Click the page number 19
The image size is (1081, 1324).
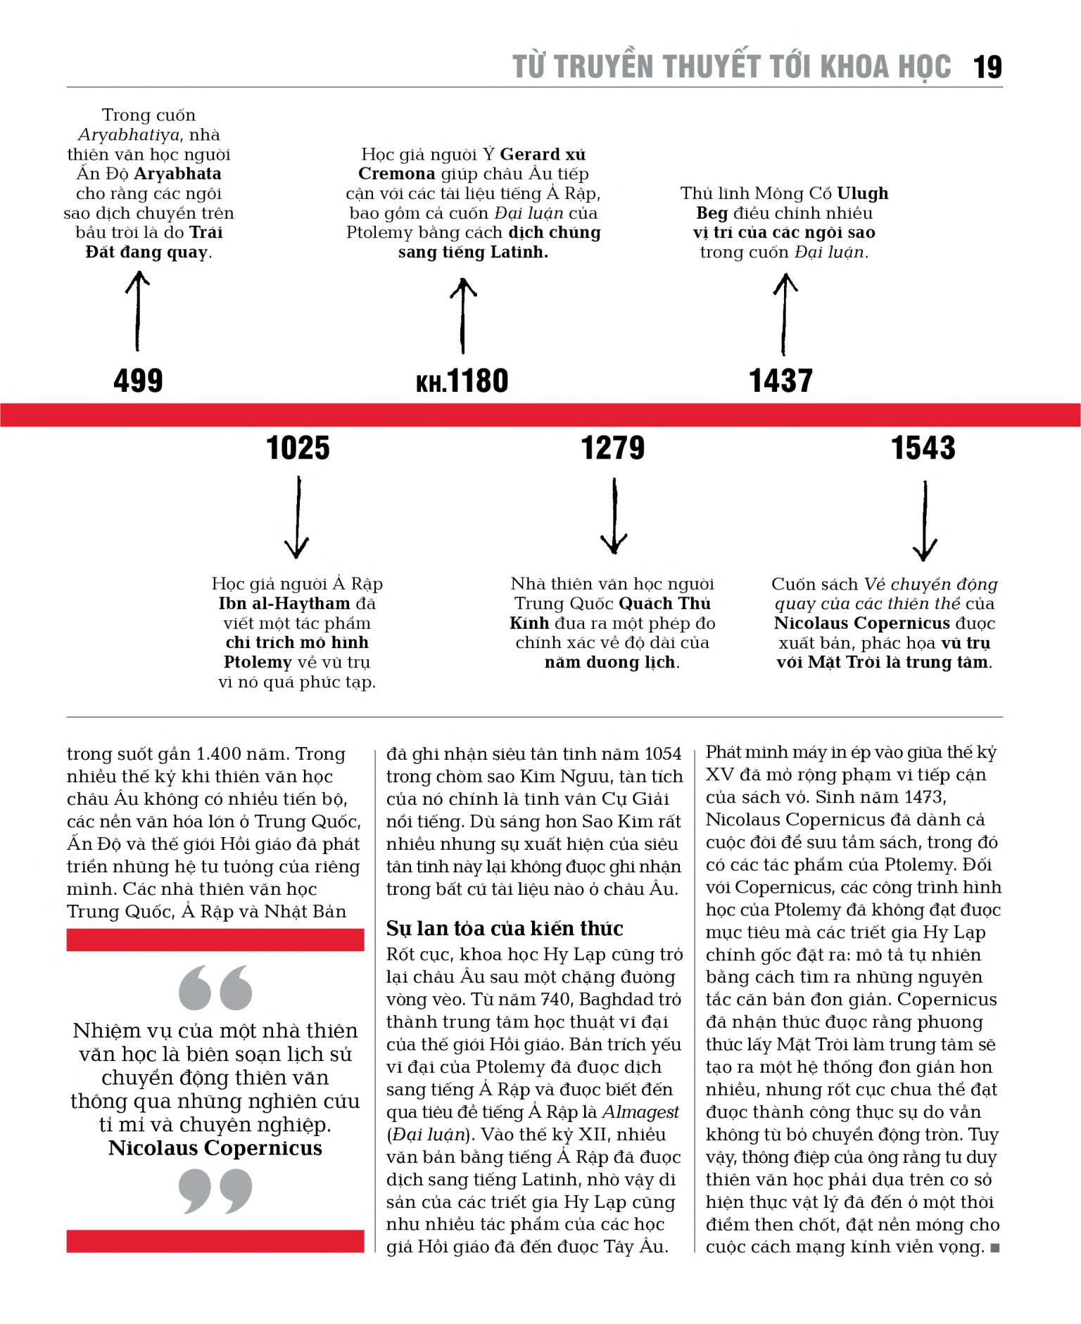click(987, 68)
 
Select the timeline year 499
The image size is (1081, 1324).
click(138, 381)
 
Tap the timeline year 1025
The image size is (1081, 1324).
click(298, 448)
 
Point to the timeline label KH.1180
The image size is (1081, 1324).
click(462, 381)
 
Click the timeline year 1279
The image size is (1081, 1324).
click(612, 448)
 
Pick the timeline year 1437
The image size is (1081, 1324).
click(780, 381)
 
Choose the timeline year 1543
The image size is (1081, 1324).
click(923, 448)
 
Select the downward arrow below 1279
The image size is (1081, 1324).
click(614, 517)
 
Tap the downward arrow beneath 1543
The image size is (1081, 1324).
click(925, 521)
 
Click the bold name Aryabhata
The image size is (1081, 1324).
click(177, 174)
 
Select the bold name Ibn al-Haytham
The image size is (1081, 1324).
click(284, 604)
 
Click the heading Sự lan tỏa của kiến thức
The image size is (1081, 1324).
click(504, 929)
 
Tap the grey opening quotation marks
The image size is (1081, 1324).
click(215, 987)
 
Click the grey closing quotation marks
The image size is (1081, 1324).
click(215, 1190)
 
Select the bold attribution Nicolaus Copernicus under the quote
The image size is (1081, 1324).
click(215, 1148)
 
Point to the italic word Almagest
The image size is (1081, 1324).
click(640, 1112)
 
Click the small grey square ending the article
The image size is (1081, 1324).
click(994, 1248)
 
